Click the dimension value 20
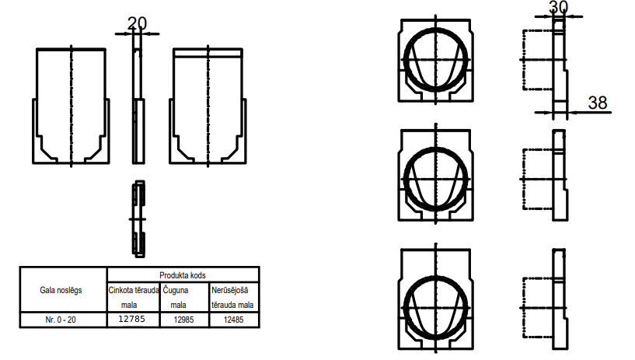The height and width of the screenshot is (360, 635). coord(137,23)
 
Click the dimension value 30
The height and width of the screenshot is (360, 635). coord(559,7)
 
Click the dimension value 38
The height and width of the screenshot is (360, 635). coord(598,103)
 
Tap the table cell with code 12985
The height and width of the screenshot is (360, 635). coord(184,320)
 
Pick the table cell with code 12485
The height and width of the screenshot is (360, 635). coord(234,320)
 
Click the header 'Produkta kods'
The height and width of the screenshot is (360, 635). coord(183,275)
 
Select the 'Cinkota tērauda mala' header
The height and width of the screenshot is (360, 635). coord(133,297)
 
